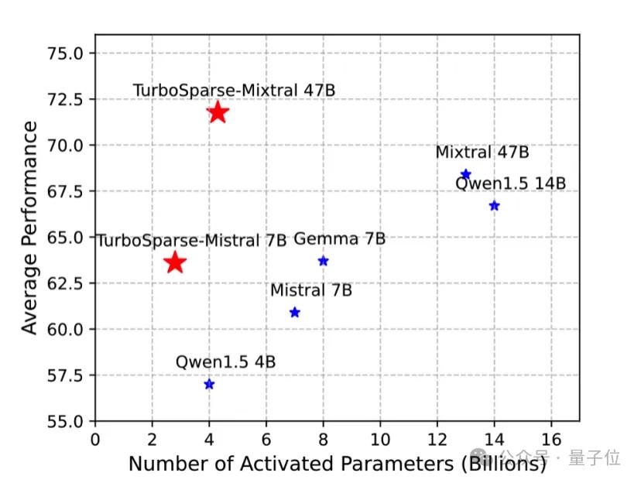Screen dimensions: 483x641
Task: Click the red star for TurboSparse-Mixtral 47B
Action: [218, 112]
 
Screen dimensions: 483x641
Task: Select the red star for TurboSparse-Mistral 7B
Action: [175, 262]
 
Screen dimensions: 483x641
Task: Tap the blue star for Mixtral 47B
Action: [466, 174]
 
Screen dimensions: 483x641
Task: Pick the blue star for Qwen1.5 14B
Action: [495, 206]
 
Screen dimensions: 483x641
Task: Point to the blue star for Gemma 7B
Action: [324, 261]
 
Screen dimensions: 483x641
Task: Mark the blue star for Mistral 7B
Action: [295, 313]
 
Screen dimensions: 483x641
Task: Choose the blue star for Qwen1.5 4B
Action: [209, 385]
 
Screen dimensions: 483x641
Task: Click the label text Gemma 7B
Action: [339, 239]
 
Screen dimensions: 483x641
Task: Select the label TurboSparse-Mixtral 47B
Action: [234, 90]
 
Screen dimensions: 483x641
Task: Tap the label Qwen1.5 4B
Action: [225, 361]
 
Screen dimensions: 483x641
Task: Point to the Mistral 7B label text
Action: [310, 290]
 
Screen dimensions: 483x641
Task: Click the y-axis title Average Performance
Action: [29, 228]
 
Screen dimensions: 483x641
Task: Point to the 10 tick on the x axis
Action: [380, 439]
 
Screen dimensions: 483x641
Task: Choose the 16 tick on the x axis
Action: [551, 439]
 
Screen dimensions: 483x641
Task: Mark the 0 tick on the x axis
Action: [95, 439]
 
